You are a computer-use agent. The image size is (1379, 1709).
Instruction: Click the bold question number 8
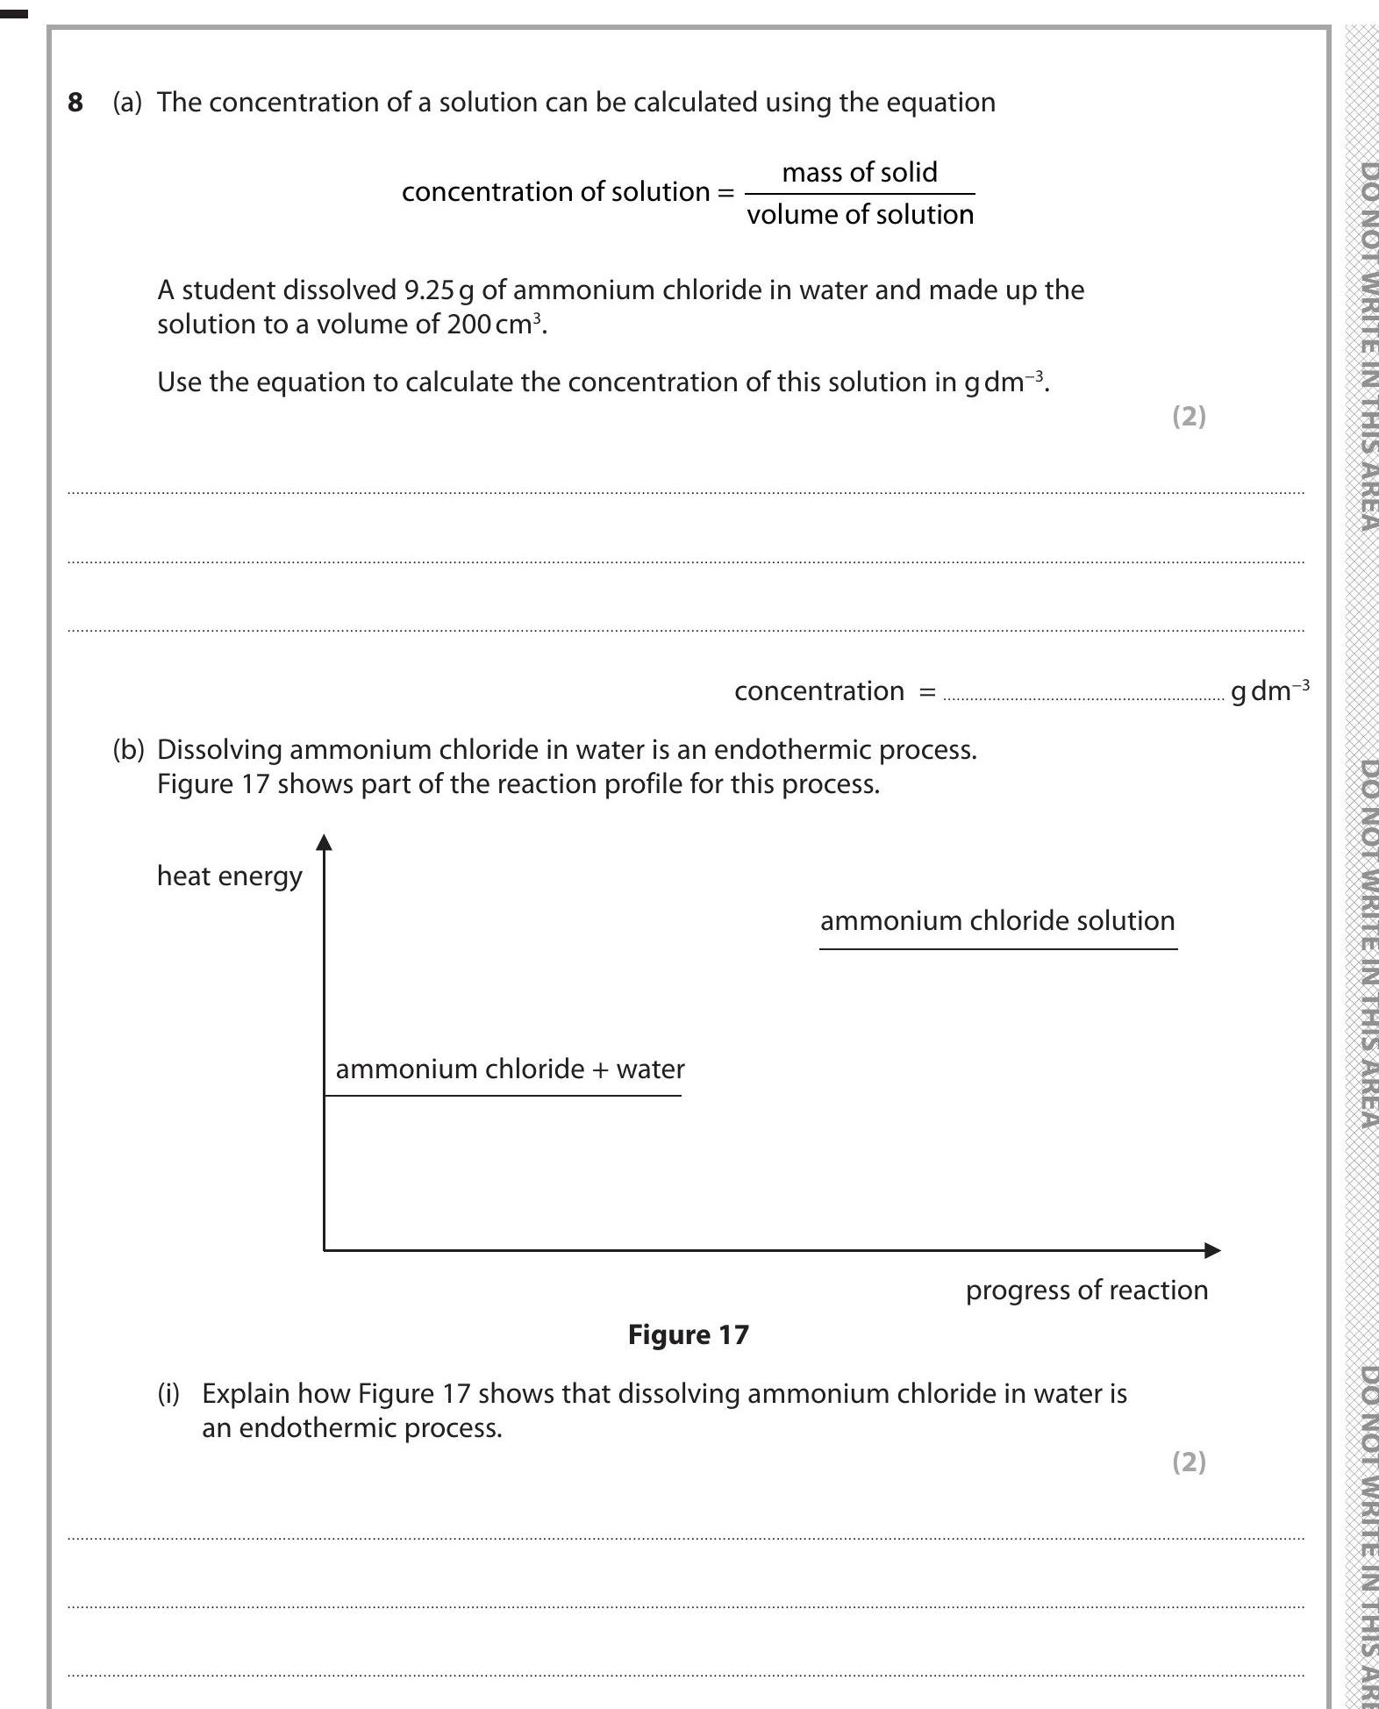click(75, 103)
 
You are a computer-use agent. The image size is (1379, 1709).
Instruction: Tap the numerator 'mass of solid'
click(859, 172)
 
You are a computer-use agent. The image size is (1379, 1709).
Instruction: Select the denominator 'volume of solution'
click(860, 215)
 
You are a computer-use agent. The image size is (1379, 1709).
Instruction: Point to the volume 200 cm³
click(495, 325)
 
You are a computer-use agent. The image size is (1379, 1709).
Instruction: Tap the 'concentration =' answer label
click(834, 691)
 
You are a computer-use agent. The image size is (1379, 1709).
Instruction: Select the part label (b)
click(128, 750)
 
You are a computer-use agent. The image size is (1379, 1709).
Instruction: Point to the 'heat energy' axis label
click(229, 876)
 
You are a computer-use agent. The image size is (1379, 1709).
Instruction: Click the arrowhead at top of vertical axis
click(325, 842)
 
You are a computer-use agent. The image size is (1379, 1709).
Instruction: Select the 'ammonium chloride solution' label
click(997, 921)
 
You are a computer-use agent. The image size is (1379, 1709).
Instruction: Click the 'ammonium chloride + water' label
click(510, 1069)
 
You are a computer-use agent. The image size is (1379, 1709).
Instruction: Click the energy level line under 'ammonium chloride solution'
click(997, 948)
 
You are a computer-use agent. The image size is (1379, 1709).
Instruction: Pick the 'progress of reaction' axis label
click(1086, 1291)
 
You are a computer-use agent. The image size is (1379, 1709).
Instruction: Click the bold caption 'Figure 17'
click(689, 1335)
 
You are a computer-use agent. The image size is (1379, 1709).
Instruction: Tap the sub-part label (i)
click(168, 1394)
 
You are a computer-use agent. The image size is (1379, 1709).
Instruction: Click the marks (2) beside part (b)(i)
click(1189, 1462)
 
